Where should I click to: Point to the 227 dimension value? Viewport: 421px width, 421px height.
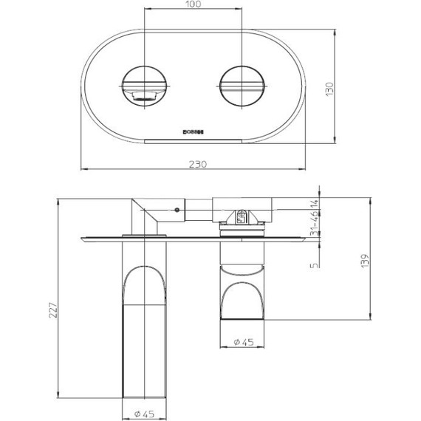click(x=51, y=311)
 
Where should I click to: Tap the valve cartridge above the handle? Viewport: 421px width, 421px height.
click(x=242, y=216)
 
